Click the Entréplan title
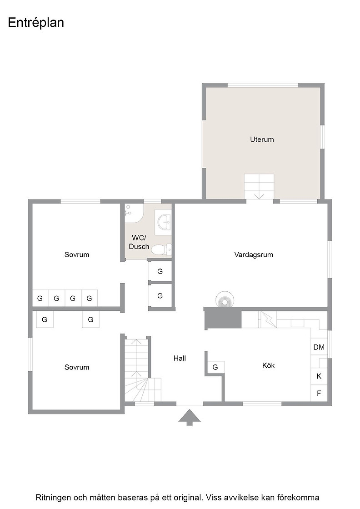point(36,23)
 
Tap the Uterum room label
point(262,140)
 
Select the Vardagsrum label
point(254,255)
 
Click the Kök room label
point(269,365)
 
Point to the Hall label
point(180,359)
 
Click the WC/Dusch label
point(139,242)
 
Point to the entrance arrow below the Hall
point(190,417)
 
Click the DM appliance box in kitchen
point(319,347)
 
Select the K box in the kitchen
point(319,376)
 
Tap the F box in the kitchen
point(319,393)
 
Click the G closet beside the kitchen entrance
point(215,368)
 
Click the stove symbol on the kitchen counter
point(268,319)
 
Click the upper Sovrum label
point(77,255)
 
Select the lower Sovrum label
point(77,368)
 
